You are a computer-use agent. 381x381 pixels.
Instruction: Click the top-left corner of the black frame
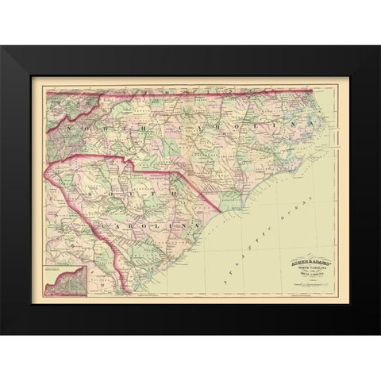[x=2, y=47]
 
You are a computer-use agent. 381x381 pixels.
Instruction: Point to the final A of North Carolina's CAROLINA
[x=294, y=125]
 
